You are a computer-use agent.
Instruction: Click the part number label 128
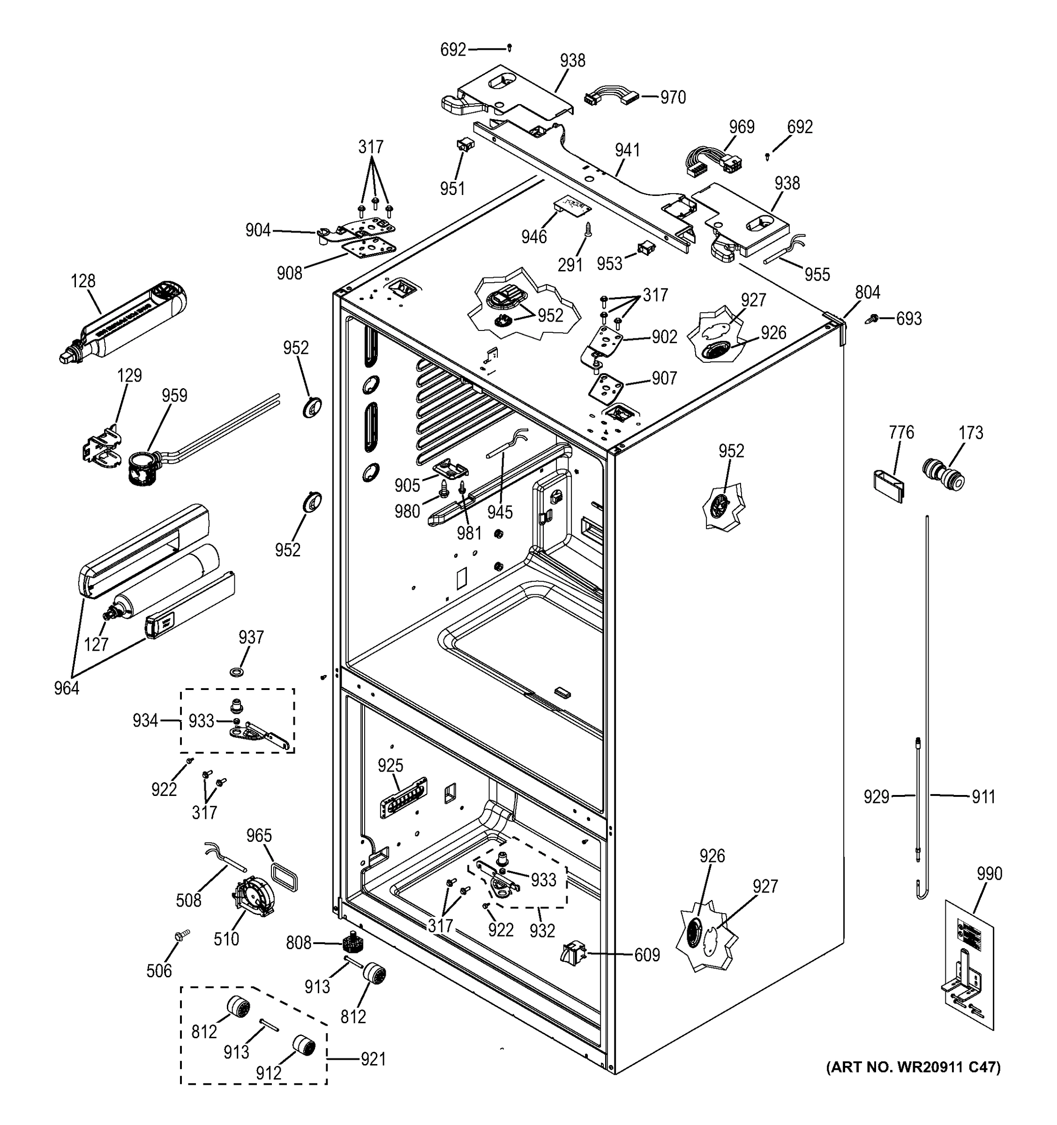coord(83,281)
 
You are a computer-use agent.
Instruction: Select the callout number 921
coord(373,1059)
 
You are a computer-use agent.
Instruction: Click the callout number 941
coord(628,150)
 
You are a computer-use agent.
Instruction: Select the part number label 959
coord(174,396)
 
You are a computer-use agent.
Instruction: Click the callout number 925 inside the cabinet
coord(390,765)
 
